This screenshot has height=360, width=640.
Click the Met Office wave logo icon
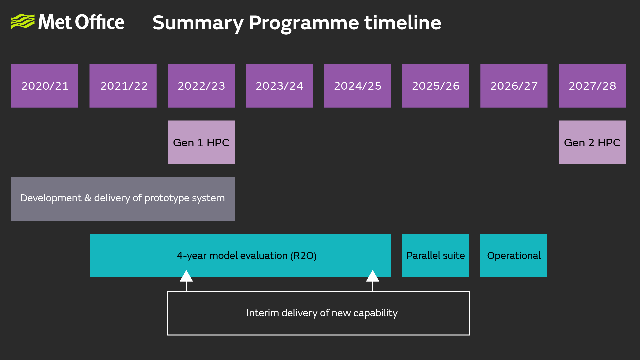coord(23,22)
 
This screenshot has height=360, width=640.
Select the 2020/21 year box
coord(45,86)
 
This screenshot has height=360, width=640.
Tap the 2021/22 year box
coord(123,86)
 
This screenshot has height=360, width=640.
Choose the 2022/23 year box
coord(201,86)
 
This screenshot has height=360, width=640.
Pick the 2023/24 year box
coord(279,86)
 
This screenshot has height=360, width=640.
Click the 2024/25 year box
coord(357,86)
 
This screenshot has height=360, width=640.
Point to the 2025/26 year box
coord(436,86)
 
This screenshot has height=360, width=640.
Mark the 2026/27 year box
coord(514,86)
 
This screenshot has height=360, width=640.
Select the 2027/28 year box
coord(592,86)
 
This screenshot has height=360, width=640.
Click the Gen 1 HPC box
coord(201,142)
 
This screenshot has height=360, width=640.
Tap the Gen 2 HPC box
coord(592,142)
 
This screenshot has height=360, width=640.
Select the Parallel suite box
coord(436,255)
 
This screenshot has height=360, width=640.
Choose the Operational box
coord(514,255)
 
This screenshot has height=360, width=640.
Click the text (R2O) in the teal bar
coord(303,256)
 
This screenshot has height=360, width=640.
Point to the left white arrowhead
coord(186,276)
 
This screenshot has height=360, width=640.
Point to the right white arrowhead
coord(373,276)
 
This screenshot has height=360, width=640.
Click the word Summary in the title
coord(198,23)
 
